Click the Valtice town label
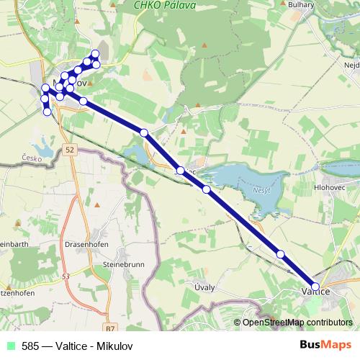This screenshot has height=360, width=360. pyautogui.click(x=315, y=292)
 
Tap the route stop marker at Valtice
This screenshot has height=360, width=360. pyautogui.click(x=315, y=286)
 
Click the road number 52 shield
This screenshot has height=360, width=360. pyautogui.click(x=69, y=150)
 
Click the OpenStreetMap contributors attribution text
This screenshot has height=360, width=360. pyautogui.click(x=297, y=323)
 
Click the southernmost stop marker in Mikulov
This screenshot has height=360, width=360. pyautogui.click(x=48, y=112)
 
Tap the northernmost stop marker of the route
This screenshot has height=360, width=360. pyautogui.click(x=95, y=54)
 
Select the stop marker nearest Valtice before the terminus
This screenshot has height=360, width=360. pyautogui.click(x=281, y=253)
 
